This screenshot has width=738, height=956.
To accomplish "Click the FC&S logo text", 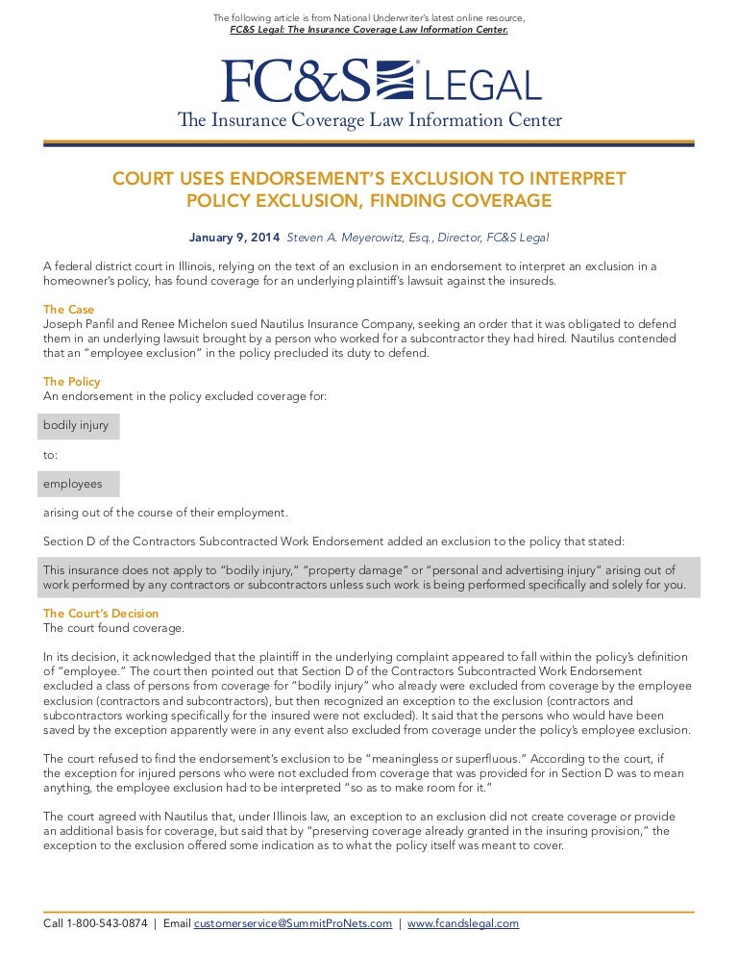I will point(294,82).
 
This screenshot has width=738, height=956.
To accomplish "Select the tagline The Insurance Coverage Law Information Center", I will point(369,121).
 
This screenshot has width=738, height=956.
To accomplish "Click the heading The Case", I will point(68,310).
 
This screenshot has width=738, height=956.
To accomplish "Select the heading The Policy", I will point(72,382).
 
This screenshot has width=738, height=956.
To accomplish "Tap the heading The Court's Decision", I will point(101,614).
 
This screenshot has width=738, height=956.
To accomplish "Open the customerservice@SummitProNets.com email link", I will point(293,923).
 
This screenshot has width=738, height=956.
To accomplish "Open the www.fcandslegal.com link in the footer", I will point(463,923).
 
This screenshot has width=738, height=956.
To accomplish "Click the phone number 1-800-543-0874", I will point(107,923).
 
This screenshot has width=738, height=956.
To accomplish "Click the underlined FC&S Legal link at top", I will point(369,30).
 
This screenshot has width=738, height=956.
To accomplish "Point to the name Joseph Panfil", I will point(83,323).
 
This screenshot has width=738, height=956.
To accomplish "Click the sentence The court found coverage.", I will point(113,628).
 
